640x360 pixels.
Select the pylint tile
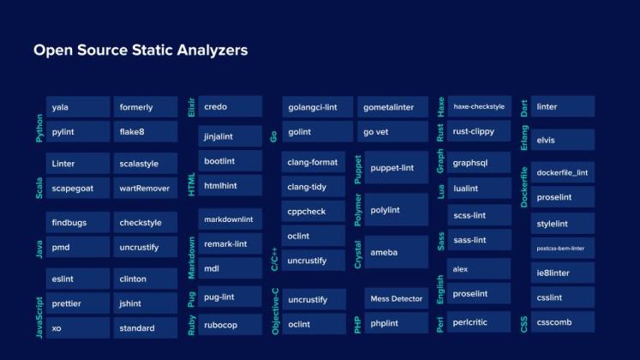tap(77, 132)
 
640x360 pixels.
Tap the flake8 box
tap(146, 132)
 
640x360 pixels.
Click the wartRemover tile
tap(146, 187)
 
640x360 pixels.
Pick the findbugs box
tap(77, 223)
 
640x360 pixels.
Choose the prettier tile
tap(77, 303)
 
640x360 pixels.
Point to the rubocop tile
tap(230, 325)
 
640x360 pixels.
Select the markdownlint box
tap(230, 219)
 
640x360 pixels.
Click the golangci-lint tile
tap(317, 107)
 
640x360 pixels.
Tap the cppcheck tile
tap(314, 211)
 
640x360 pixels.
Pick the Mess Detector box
tap(396, 298)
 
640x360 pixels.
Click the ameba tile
tap(396, 253)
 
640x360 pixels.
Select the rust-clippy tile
tap(479, 131)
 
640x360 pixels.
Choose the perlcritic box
tap(479, 324)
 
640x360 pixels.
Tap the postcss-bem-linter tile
tap(562, 249)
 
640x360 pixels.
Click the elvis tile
tap(562, 140)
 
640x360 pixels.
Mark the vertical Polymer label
tap(357, 209)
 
